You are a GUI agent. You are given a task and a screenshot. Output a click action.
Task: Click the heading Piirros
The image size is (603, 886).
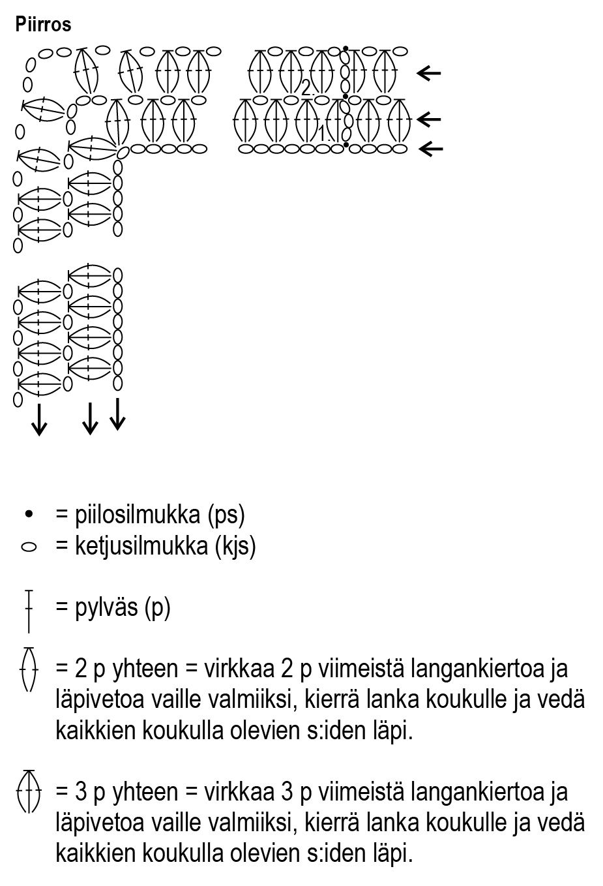pyautogui.click(x=43, y=25)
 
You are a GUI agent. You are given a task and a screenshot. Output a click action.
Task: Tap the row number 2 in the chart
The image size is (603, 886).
pyautogui.click(x=306, y=88)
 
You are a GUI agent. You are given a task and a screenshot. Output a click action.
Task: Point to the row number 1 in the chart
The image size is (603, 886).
pyautogui.click(x=322, y=132)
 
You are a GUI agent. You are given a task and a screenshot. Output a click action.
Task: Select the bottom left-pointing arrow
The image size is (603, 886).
pyautogui.click(x=430, y=149)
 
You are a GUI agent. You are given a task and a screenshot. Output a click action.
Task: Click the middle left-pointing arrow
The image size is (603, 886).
pyautogui.click(x=429, y=119)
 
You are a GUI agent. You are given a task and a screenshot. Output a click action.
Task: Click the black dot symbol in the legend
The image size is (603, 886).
pyautogui.click(x=28, y=515)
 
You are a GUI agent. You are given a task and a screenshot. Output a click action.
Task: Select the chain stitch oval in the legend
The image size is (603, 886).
pyautogui.click(x=29, y=547)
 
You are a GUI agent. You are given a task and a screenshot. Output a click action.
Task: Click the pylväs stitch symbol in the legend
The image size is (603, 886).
pyautogui.click(x=29, y=610)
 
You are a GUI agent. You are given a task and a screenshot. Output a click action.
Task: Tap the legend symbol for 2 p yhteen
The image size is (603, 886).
pyautogui.click(x=28, y=669)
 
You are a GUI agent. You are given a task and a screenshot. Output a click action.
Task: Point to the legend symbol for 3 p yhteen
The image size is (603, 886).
pyautogui.click(x=28, y=791)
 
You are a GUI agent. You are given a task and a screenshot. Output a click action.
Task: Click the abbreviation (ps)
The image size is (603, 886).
pyautogui.click(x=226, y=515)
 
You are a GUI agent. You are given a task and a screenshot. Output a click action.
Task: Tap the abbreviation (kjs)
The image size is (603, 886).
pyautogui.click(x=236, y=546)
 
